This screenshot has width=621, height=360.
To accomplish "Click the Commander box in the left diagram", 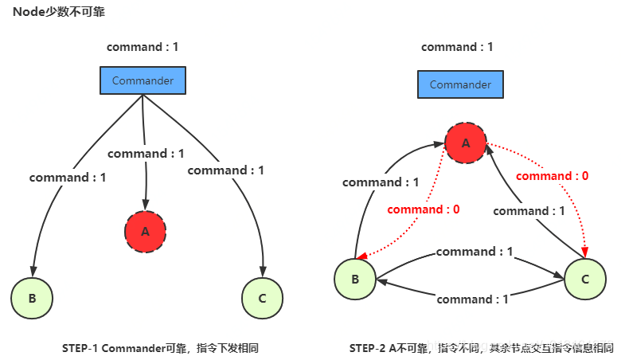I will [x=143, y=80].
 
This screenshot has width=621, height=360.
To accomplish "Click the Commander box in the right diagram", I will [x=460, y=84].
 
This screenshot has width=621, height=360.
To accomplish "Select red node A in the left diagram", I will [x=145, y=232].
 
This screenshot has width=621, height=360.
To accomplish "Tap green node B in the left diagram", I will [x=32, y=299].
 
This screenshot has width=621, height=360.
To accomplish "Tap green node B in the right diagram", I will [x=355, y=279].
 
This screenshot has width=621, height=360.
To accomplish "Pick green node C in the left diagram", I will [x=263, y=299].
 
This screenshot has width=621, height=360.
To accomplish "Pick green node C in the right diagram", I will [x=585, y=279].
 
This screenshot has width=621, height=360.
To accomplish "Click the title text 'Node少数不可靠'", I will [x=58, y=12].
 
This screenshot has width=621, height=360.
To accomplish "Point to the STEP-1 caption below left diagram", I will [x=160, y=348].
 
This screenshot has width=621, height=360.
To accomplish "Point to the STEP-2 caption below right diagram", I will [x=482, y=348].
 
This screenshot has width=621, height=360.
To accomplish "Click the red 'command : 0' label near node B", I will [x=424, y=209].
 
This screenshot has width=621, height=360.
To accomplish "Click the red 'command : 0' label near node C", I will [x=553, y=176].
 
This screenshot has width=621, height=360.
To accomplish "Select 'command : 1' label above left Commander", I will [x=143, y=47].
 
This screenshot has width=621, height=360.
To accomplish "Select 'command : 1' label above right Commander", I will [x=457, y=47].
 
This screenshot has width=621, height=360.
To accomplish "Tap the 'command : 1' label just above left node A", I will [x=145, y=154].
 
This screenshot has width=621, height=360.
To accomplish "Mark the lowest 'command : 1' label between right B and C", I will [x=473, y=299].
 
